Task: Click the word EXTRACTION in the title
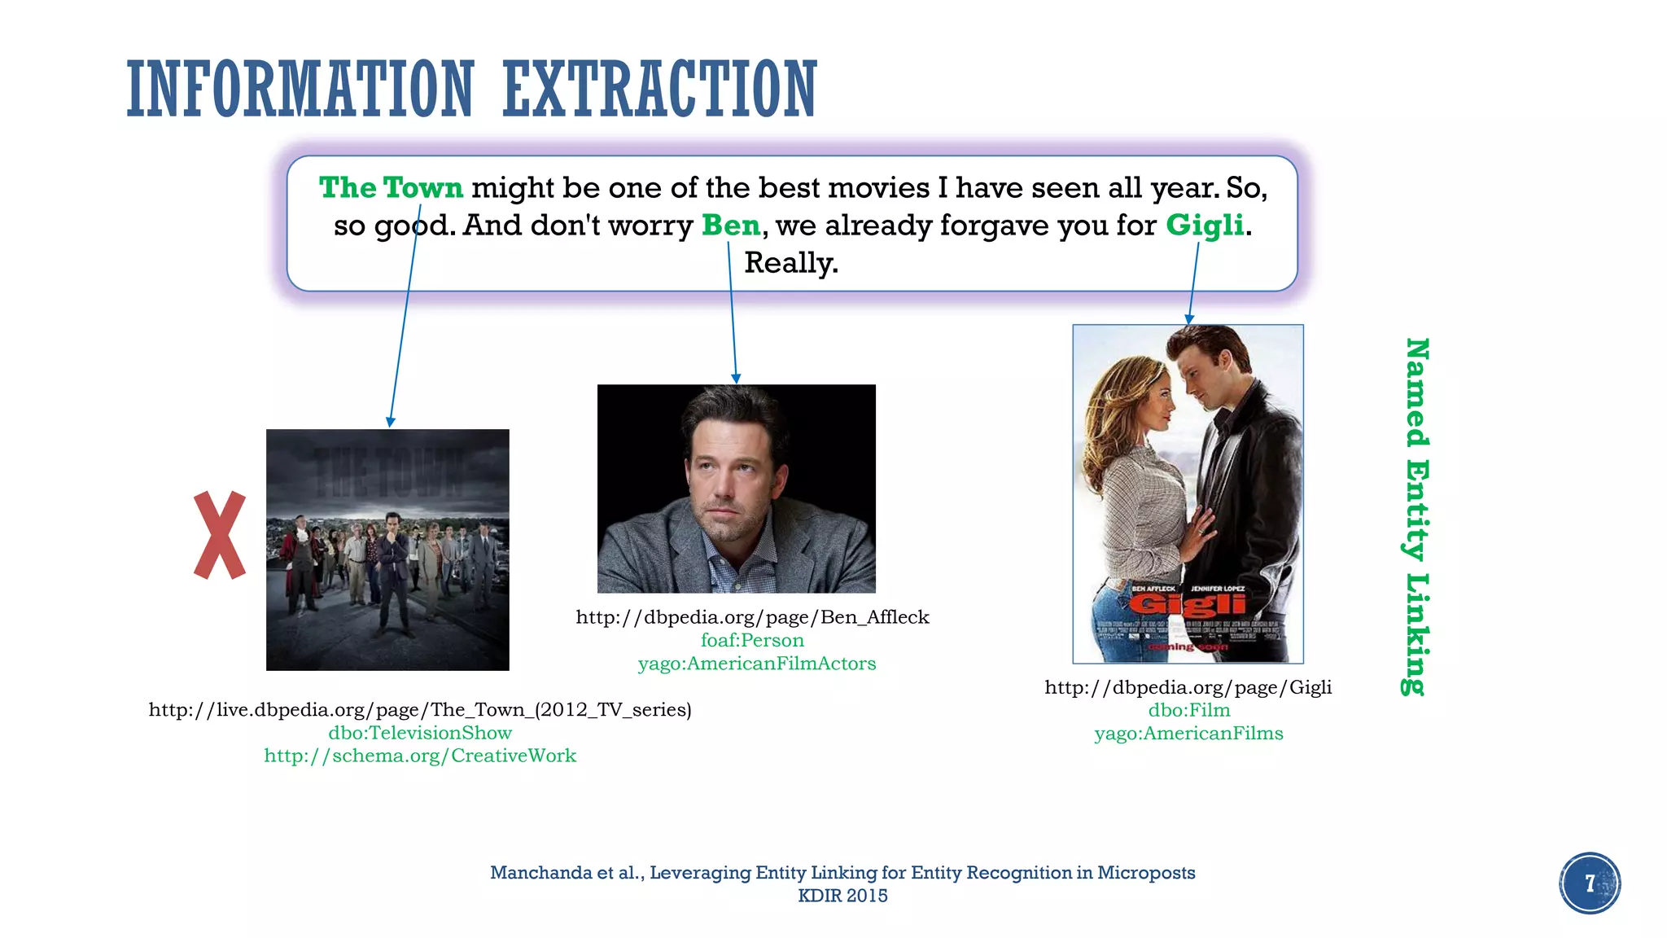coord(659,90)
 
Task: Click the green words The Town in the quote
coord(391,188)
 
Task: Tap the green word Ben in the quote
coord(731,226)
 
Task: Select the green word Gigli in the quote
coord(1205,226)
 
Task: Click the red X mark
coord(220,535)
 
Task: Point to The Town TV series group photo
coord(387,550)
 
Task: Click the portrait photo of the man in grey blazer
coord(736,489)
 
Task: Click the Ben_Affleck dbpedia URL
coord(752,617)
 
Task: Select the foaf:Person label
coord(752,641)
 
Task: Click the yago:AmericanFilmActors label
coord(756,664)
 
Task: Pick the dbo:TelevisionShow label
coord(420,733)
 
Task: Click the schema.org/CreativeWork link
coord(420,756)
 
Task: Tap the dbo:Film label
coord(1188,710)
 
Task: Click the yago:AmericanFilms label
coord(1188,734)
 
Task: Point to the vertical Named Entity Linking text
coord(1417,517)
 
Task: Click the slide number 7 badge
coord(1590,883)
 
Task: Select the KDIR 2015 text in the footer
coord(842,896)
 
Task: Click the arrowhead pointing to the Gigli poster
coord(1189,319)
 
